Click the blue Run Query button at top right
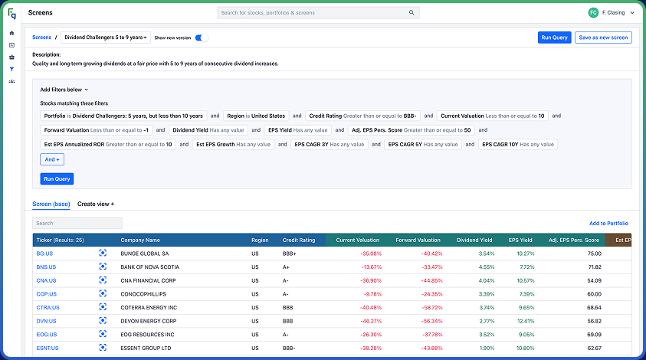click(x=554, y=38)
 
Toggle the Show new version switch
click(x=201, y=38)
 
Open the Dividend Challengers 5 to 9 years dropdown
click(x=106, y=38)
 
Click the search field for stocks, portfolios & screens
click(x=318, y=13)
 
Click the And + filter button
click(x=51, y=159)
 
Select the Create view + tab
click(x=96, y=205)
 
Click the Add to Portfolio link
click(x=608, y=223)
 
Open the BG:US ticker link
click(x=44, y=253)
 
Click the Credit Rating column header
click(x=299, y=240)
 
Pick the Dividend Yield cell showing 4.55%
click(x=486, y=267)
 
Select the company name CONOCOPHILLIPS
click(x=143, y=293)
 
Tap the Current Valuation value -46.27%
click(x=367, y=321)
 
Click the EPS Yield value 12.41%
click(x=525, y=321)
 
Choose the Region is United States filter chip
click(x=256, y=116)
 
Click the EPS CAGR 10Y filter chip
click(x=519, y=144)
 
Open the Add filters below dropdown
click(x=64, y=90)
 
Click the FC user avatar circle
click(x=593, y=13)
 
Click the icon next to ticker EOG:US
click(x=103, y=335)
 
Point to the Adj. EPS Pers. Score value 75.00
click(x=593, y=253)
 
